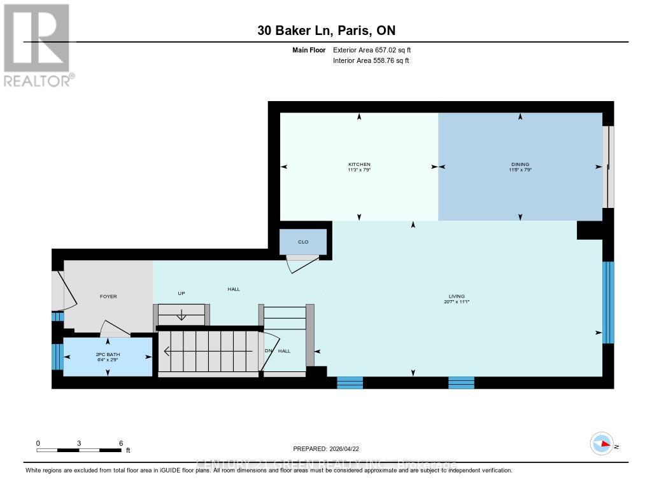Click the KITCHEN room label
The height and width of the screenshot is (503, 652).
[x=359, y=164]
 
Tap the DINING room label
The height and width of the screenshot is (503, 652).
[x=520, y=164]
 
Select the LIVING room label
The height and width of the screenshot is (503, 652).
[x=457, y=296]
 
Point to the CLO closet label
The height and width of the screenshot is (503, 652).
[x=303, y=242]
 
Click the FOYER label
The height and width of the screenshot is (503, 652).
[x=108, y=296]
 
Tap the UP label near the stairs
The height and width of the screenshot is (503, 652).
[x=181, y=293]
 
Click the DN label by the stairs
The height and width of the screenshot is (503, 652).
[x=268, y=350]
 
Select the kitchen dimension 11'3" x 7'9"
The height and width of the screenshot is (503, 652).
[x=359, y=170]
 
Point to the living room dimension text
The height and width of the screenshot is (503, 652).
[x=457, y=302]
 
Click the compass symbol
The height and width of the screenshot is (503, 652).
[x=601, y=444]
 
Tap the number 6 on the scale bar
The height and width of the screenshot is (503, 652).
[x=120, y=443]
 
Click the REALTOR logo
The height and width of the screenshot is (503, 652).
[x=37, y=45]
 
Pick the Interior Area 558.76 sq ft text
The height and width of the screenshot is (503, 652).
[x=371, y=60]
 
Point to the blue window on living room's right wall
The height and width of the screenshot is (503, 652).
[x=608, y=302]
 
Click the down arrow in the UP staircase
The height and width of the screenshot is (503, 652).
[x=181, y=314]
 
